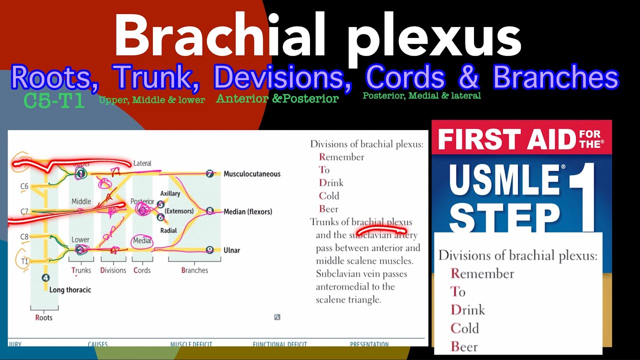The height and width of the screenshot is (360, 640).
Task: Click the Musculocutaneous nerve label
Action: (252, 174)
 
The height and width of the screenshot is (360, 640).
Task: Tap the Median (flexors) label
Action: (248, 211)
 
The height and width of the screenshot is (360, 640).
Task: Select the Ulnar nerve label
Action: (231, 250)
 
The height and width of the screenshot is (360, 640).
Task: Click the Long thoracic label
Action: (70, 289)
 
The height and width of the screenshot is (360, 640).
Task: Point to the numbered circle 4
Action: (45, 277)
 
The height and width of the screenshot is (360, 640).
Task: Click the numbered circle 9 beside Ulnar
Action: (210, 250)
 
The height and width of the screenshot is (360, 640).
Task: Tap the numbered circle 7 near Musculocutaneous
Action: (210, 174)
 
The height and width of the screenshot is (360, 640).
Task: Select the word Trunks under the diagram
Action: (81, 270)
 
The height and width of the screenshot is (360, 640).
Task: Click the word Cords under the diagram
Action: (142, 270)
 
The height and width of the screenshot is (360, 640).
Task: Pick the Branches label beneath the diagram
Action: (194, 270)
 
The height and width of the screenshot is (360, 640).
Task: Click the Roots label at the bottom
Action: (43, 317)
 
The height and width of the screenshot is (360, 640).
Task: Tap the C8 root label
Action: (24, 236)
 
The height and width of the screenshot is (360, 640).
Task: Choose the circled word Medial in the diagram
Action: (142, 241)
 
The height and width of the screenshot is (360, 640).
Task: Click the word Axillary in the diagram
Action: (170, 193)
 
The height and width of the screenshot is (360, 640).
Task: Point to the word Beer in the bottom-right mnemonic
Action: (464, 346)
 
